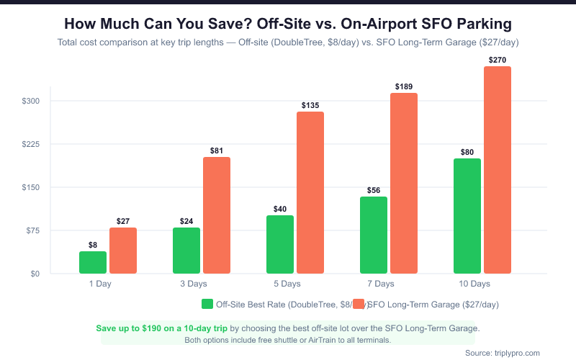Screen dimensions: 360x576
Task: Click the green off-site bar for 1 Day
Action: click(x=93, y=262)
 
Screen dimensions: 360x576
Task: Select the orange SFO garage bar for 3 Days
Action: click(x=217, y=215)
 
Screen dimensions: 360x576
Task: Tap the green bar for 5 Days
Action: click(x=280, y=244)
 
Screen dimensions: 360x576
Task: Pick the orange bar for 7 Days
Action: click(x=404, y=183)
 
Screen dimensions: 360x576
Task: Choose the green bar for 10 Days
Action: click(x=467, y=216)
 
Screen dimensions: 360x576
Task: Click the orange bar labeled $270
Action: click(x=498, y=170)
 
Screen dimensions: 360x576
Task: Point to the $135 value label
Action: click(x=310, y=106)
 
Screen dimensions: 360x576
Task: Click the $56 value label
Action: click(x=374, y=191)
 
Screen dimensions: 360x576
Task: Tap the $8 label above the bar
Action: click(x=93, y=245)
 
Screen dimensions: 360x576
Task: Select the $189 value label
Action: click(x=404, y=87)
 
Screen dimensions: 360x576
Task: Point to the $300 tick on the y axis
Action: click(x=30, y=101)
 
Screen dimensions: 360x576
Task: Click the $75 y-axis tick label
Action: click(x=32, y=230)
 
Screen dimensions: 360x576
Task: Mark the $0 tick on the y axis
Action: click(x=35, y=274)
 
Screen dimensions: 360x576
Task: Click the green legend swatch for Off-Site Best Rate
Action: click(x=207, y=304)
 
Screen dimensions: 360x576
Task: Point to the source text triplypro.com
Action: click(x=514, y=353)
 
